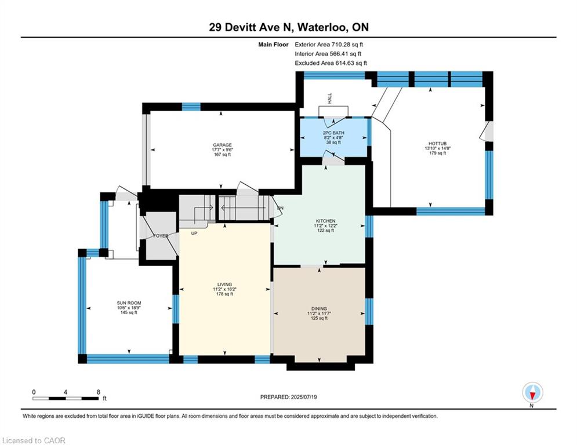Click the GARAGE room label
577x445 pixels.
tap(222, 145)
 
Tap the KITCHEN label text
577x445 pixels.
tap(326, 221)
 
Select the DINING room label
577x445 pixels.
tap(319, 309)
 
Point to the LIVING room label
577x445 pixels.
tap(224, 284)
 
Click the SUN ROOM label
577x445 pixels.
tap(129, 303)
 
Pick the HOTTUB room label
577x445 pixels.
tap(437, 144)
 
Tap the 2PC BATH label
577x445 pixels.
tap(333, 133)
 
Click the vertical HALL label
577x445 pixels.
tap(330, 98)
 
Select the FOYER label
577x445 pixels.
tap(161, 236)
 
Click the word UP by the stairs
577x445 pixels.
tap(194, 233)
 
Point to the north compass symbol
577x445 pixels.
tap(532, 393)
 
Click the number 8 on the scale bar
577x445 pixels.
tap(98, 392)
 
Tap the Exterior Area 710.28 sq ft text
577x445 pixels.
tap(329, 45)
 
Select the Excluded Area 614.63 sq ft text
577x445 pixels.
tap(331, 63)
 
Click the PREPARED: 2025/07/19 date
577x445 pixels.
tap(289, 397)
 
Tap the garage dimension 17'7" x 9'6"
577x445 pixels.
tap(222, 149)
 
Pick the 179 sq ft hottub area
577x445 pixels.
tap(437, 153)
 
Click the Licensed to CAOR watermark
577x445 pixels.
tap(34, 440)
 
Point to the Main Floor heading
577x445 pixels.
tap(273, 45)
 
